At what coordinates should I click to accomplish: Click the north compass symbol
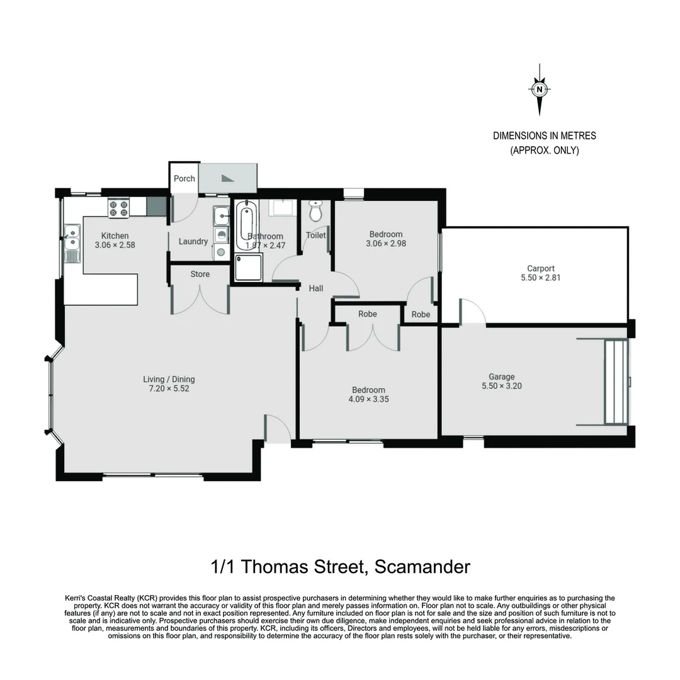tap(540, 89)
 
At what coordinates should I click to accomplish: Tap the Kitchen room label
tap(115, 235)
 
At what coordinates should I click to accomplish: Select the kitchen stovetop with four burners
tap(118, 208)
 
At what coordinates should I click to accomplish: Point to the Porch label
tap(184, 178)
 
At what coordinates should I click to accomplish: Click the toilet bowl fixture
tap(316, 212)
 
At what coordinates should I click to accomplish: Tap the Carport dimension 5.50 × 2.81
tap(541, 277)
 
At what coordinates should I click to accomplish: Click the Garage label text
tap(502, 377)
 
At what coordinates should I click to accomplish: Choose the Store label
tap(200, 274)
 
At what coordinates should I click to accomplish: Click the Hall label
tap(316, 288)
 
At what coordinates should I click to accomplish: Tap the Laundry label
tap(193, 241)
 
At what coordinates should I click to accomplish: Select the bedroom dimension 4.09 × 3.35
tap(368, 399)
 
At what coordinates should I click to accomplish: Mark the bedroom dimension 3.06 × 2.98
tap(386, 243)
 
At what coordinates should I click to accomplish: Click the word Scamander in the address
tap(422, 567)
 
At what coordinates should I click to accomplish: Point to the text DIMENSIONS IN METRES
tap(544, 135)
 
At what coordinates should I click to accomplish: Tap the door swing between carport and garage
tap(473, 312)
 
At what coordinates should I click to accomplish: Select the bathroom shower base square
tap(248, 268)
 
